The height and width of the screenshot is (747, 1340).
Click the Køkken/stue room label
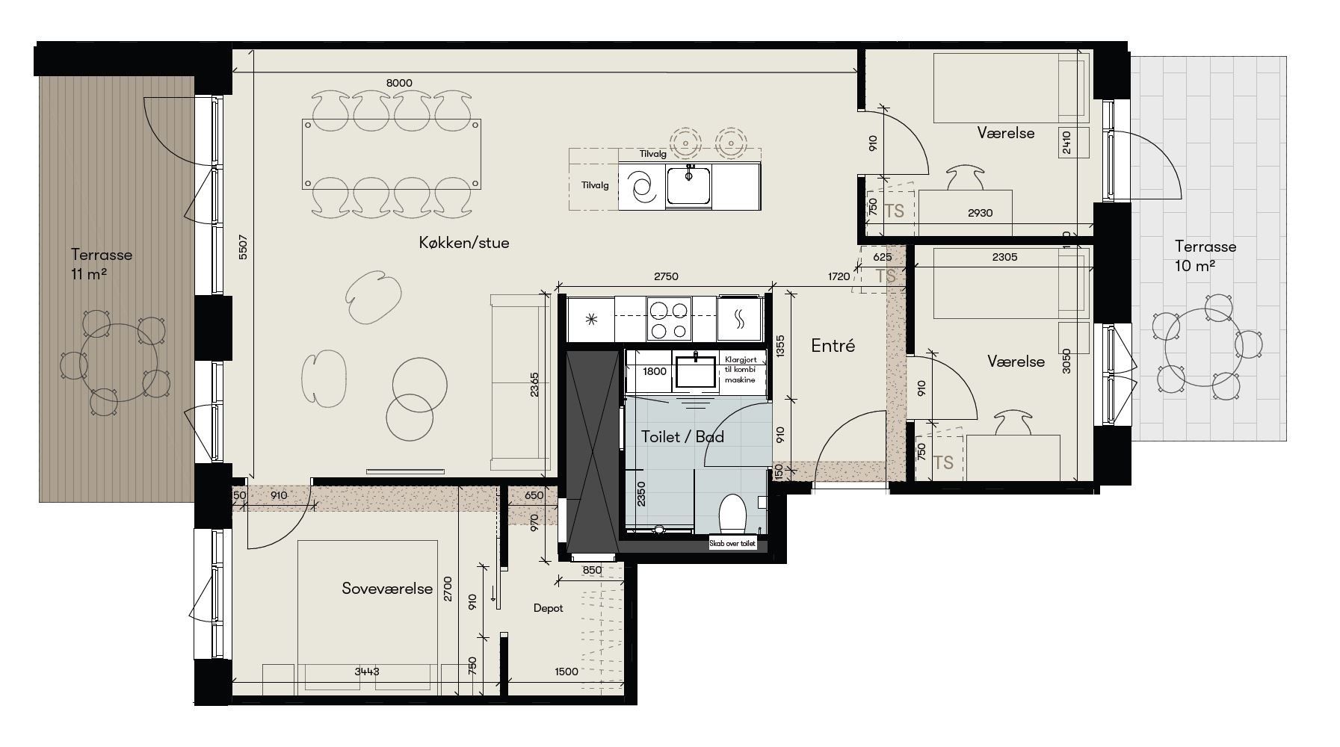pos(464,243)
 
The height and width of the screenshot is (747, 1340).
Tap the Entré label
pos(833,346)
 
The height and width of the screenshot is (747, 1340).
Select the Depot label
pos(548,608)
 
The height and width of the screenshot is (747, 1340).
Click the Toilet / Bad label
pos(682,437)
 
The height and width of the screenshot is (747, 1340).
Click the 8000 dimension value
pos(399,83)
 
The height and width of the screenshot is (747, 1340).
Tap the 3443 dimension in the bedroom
pos(366,672)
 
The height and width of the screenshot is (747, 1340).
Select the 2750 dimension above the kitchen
pos(665,276)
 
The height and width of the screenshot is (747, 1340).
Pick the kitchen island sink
pos(689,185)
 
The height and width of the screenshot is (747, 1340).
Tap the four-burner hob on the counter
pos(667,319)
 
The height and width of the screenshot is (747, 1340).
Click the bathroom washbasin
pos(696,371)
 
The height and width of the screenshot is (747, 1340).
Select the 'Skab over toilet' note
pos(733,544)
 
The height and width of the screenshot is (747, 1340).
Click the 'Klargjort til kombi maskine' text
pos(740,370)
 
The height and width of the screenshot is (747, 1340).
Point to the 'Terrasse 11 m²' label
pos(102,263)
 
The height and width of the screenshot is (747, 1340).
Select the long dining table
pos(391,154)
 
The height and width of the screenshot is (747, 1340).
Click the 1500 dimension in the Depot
pos(566,672)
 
